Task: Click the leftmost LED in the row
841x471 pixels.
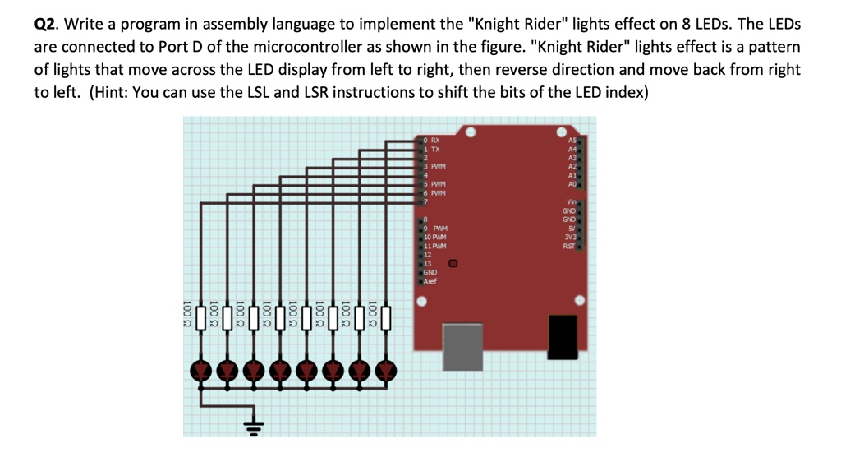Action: click(200, 371)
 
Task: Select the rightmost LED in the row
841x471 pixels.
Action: click(385, 371)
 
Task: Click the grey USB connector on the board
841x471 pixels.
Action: click(462, 346)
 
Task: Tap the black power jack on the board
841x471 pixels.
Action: click(563, 337)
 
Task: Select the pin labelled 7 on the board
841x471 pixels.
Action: click(425, 201)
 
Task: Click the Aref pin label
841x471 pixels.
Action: click(430, 281)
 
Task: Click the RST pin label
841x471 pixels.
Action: click(569, 246)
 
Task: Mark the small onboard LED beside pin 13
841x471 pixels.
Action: click(453, 264)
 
